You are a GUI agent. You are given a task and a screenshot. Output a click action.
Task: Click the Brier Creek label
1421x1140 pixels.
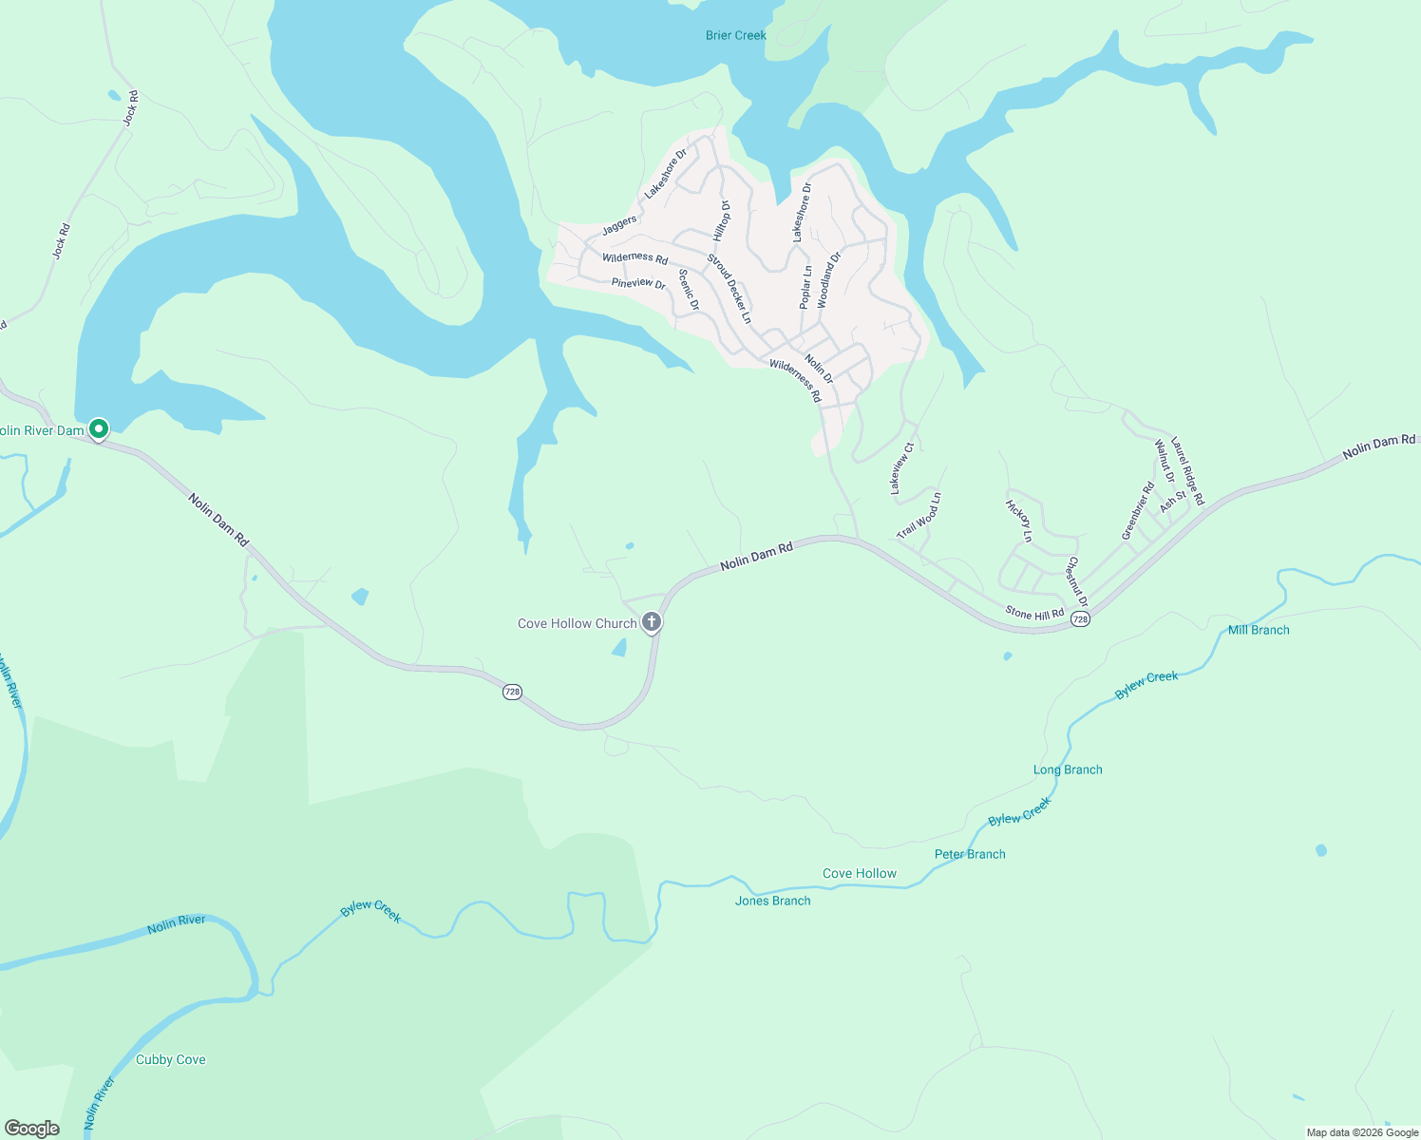click(x=735, y=35)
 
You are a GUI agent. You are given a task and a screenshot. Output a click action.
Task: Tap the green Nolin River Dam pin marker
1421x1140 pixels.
click(x=98, y=429)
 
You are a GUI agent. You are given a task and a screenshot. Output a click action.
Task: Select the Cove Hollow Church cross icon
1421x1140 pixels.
click(x=652, y=622)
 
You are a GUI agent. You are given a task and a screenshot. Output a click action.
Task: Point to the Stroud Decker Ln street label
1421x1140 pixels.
click(x=729, y=289)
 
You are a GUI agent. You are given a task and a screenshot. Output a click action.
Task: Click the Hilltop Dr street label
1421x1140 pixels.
click(x=723, y=220)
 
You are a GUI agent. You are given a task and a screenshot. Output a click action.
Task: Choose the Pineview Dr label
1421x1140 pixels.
click(x=638, y=283)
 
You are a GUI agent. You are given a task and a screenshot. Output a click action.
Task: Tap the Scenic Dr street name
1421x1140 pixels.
click(x=689, y=290)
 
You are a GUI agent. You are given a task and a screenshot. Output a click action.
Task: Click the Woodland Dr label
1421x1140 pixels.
click(x=829, y=279)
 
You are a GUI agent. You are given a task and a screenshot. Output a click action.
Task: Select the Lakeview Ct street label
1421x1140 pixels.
click(x=901, y=468)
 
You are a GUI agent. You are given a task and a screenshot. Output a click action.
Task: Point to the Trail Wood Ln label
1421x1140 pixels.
click(x=919, y=516)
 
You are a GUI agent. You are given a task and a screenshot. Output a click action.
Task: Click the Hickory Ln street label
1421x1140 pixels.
click(x=1018, y=521)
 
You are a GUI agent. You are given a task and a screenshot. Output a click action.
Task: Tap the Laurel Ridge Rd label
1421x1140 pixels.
click(x=1187, y=470)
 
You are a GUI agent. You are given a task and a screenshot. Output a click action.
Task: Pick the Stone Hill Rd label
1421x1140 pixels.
click(x=1034, y=614)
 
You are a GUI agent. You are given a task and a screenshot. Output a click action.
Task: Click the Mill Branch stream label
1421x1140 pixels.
click(x=1259, y=630)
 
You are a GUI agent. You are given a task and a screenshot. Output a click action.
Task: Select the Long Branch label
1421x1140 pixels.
click(x=1068, y=769)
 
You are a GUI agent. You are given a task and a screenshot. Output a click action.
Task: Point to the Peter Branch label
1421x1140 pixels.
click(x=970, y=854)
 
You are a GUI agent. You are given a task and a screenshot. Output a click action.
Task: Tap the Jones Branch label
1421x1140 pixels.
click(x=772, y=901)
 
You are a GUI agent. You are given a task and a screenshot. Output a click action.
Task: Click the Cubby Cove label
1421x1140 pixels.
click(x=170, y=1059)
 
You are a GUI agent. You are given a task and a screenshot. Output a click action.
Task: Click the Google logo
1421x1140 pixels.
click(x=32, y=1129)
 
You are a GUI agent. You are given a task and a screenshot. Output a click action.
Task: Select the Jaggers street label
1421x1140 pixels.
click(x=619, y=225)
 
